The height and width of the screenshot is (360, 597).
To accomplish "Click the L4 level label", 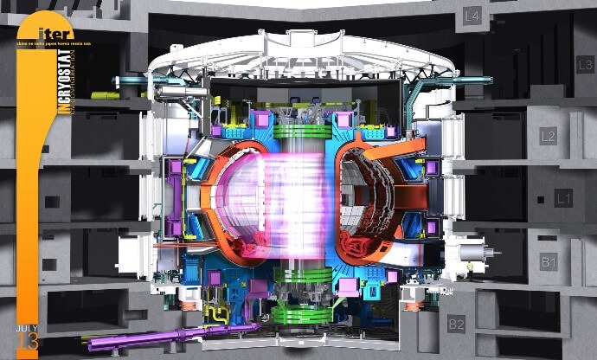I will point(497,16).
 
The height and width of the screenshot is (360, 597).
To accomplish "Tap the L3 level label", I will point(585,64).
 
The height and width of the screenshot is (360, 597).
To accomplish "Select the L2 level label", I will point(547,137).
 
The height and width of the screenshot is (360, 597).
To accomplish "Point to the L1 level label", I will point(562,199).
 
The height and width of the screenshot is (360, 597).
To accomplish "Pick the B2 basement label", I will point(456,325).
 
